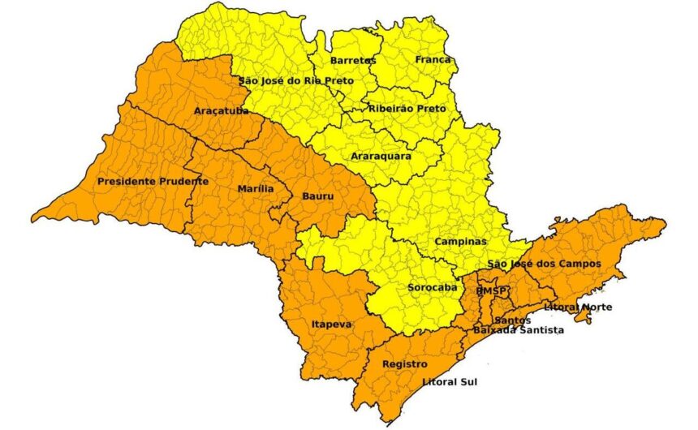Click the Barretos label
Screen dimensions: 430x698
tap(353, 61)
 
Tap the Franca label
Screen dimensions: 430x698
tap(433, 60)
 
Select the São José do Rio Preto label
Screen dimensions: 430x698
tap(291, 80)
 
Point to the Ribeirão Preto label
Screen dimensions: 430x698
tap(407, 108)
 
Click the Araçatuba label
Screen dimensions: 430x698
tap(222, 110)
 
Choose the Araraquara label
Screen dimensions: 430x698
tap(381, 156)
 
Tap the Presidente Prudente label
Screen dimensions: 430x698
tap(153, 181)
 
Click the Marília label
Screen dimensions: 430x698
tap(255, 188)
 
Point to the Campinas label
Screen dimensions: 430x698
tap(460, 242)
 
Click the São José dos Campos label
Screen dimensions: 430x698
tap(543, 264)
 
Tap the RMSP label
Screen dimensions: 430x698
tap(490, 290)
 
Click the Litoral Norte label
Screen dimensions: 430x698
tap(577, 307)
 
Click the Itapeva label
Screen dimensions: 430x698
tap(332, 325)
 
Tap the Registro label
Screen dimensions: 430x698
tap(404, 364)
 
